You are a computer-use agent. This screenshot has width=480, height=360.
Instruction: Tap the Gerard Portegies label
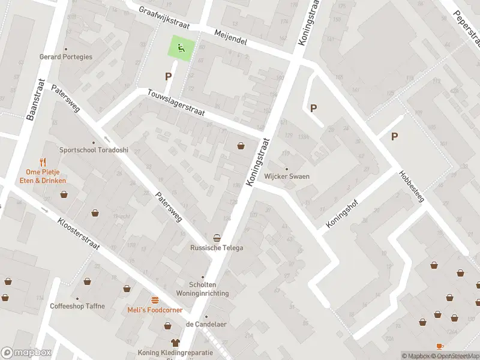click(66, 57)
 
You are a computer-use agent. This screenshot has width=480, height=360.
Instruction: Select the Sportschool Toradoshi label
click(94, 150)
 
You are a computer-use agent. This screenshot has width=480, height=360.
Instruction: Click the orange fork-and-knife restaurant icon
click(43, 161)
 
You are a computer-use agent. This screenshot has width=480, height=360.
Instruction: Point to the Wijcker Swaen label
click(287, 176)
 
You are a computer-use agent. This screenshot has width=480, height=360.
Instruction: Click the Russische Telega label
click(217, 248)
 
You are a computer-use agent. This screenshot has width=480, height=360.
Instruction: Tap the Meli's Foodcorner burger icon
click(155, 300)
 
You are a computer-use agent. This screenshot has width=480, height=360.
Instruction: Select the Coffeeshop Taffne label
click(77, 306)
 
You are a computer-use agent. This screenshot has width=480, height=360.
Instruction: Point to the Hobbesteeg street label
click(412, 186)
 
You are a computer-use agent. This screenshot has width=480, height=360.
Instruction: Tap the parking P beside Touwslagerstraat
click(169, 77)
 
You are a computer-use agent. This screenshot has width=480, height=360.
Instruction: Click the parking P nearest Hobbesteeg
click(394, 137)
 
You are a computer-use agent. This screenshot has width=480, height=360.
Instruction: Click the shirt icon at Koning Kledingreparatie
click(175, 343)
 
